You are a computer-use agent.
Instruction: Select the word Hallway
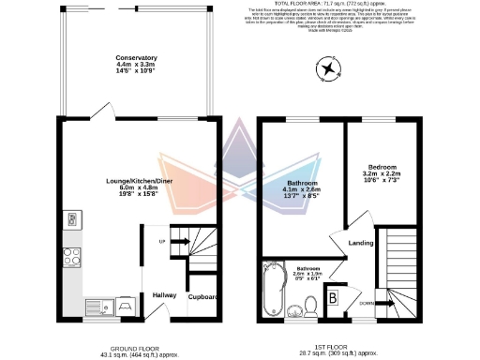(x=164, y=294)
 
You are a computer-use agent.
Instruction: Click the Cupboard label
(x=203, y=297)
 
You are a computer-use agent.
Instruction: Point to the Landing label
(x=362, y=245)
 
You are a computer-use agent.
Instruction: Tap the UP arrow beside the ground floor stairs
(x=178, y=242)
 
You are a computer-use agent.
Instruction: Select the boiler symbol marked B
(x=333, y=300)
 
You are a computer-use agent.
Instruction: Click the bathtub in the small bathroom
(x=275, y=290)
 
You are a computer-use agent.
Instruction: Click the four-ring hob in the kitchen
(x=71, y=255)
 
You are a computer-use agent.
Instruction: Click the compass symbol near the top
(x=328, y=67)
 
